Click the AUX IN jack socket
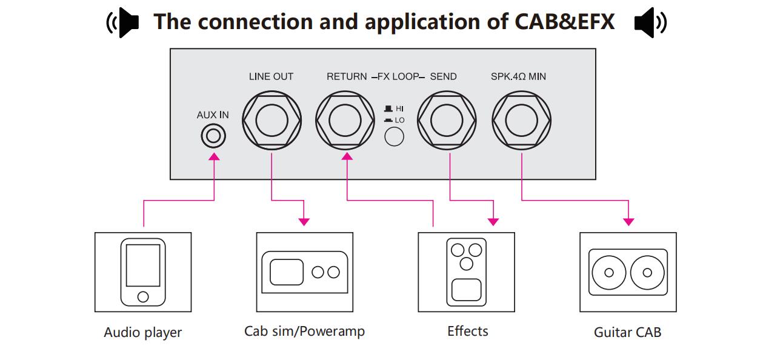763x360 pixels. (213, 136)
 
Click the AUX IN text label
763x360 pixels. (213, 115)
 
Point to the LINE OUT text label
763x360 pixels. (271, 77)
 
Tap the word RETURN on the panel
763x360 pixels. (347, 77)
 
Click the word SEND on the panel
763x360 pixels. (443, 77)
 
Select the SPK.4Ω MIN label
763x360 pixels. (518, 77)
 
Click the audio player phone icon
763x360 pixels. (143, 272)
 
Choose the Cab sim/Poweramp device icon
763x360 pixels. (305, 272)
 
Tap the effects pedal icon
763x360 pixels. (466, 272)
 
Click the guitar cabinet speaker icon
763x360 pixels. (628, 272)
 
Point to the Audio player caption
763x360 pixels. (143, 333)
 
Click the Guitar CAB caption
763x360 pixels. (627, 332)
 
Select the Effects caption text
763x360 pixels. (467, 331)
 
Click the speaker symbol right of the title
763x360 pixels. (650, 22)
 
